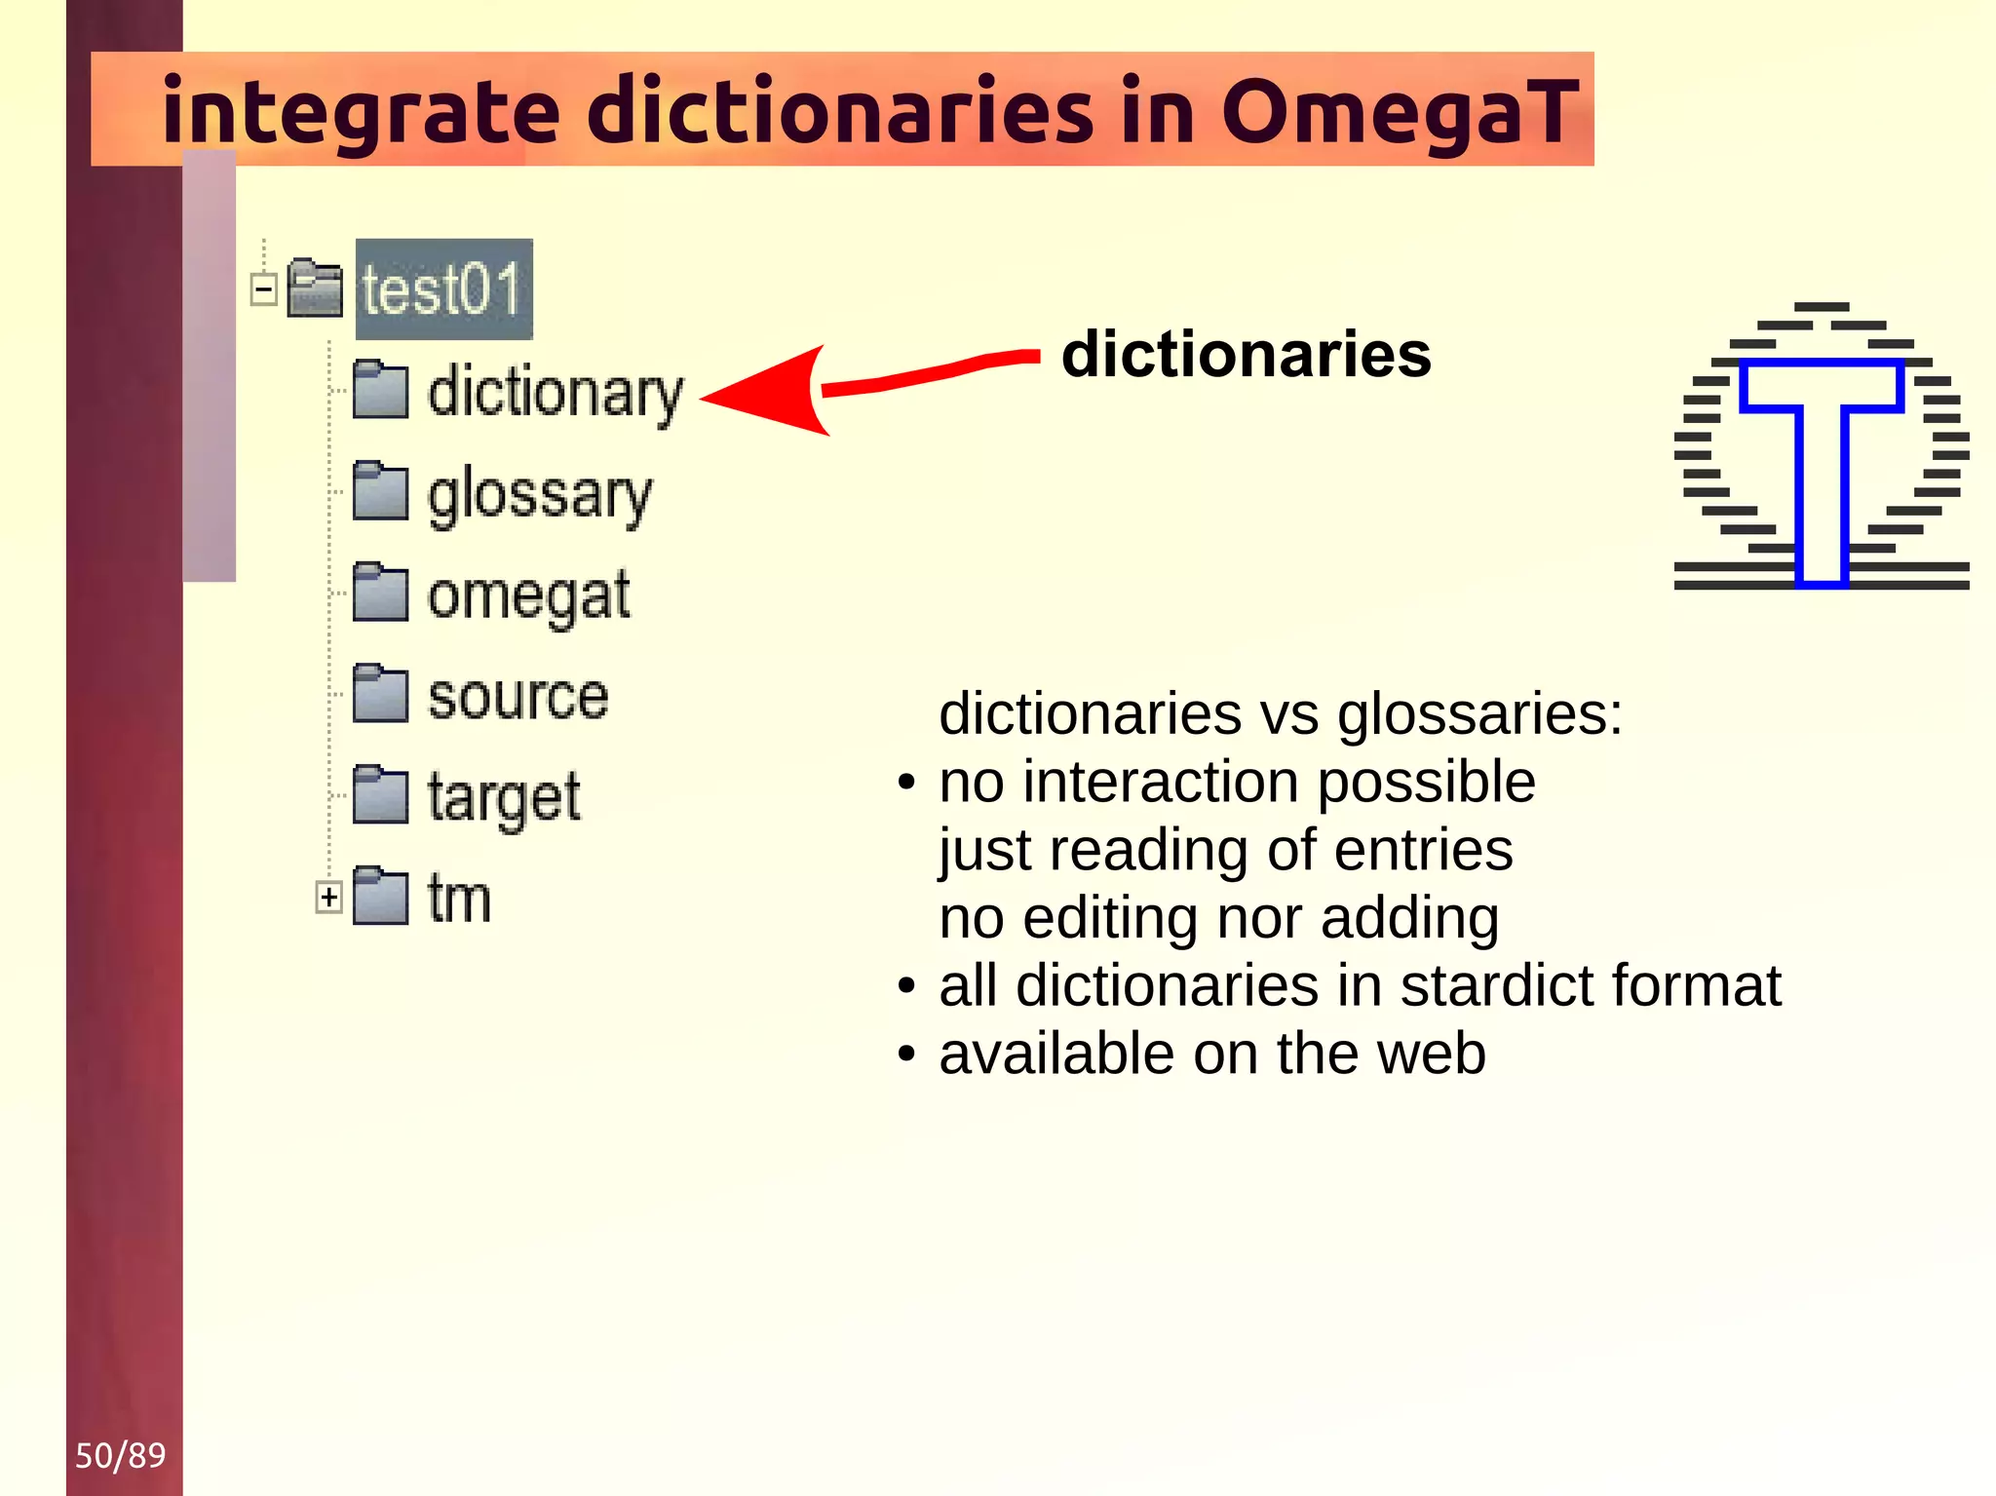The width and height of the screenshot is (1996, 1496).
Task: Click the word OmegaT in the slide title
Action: click(x=1399, y=112)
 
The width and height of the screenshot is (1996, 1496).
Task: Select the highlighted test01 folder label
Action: click(x=443, y=289)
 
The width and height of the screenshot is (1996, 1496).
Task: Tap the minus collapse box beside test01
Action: click(x=264, y=289)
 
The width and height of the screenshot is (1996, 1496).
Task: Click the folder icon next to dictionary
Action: click(x=380, y=390)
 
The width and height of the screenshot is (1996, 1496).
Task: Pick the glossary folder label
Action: click(x=539, y=495)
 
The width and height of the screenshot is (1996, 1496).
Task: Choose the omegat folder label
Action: click(x=528, y=595)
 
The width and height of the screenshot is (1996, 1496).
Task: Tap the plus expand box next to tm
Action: click(x=329, y=897)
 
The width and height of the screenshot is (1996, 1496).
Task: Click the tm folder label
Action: click(x=459, y=898)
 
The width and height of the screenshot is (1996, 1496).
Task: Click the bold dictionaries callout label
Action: click(x=1247, y=354)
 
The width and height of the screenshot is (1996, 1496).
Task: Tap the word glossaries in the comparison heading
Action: click(x=1478, y=713)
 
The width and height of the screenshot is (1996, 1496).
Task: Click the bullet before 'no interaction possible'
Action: click(x=907, y=783)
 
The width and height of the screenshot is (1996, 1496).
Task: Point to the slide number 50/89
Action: click(x=121, y=1455)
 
